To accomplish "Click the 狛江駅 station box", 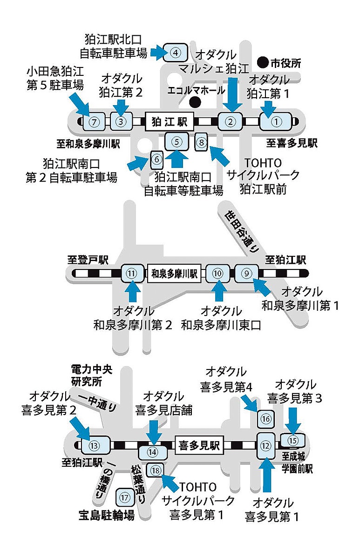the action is click(170, 122).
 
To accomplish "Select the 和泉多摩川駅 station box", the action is click(174, 274).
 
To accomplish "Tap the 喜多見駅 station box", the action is click(199, 445).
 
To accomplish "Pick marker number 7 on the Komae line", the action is click(94, 122).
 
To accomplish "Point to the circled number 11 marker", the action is click(132, 274).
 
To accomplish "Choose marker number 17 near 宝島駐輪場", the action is click(125, 497).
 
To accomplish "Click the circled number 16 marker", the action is click(266, 419).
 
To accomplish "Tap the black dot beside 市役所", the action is click(263, 63).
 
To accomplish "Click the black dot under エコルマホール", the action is click(195, 103).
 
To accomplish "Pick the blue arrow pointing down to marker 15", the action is click(293, 421).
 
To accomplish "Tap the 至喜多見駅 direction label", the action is click(292, 143).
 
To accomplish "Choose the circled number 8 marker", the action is click(201, 142).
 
